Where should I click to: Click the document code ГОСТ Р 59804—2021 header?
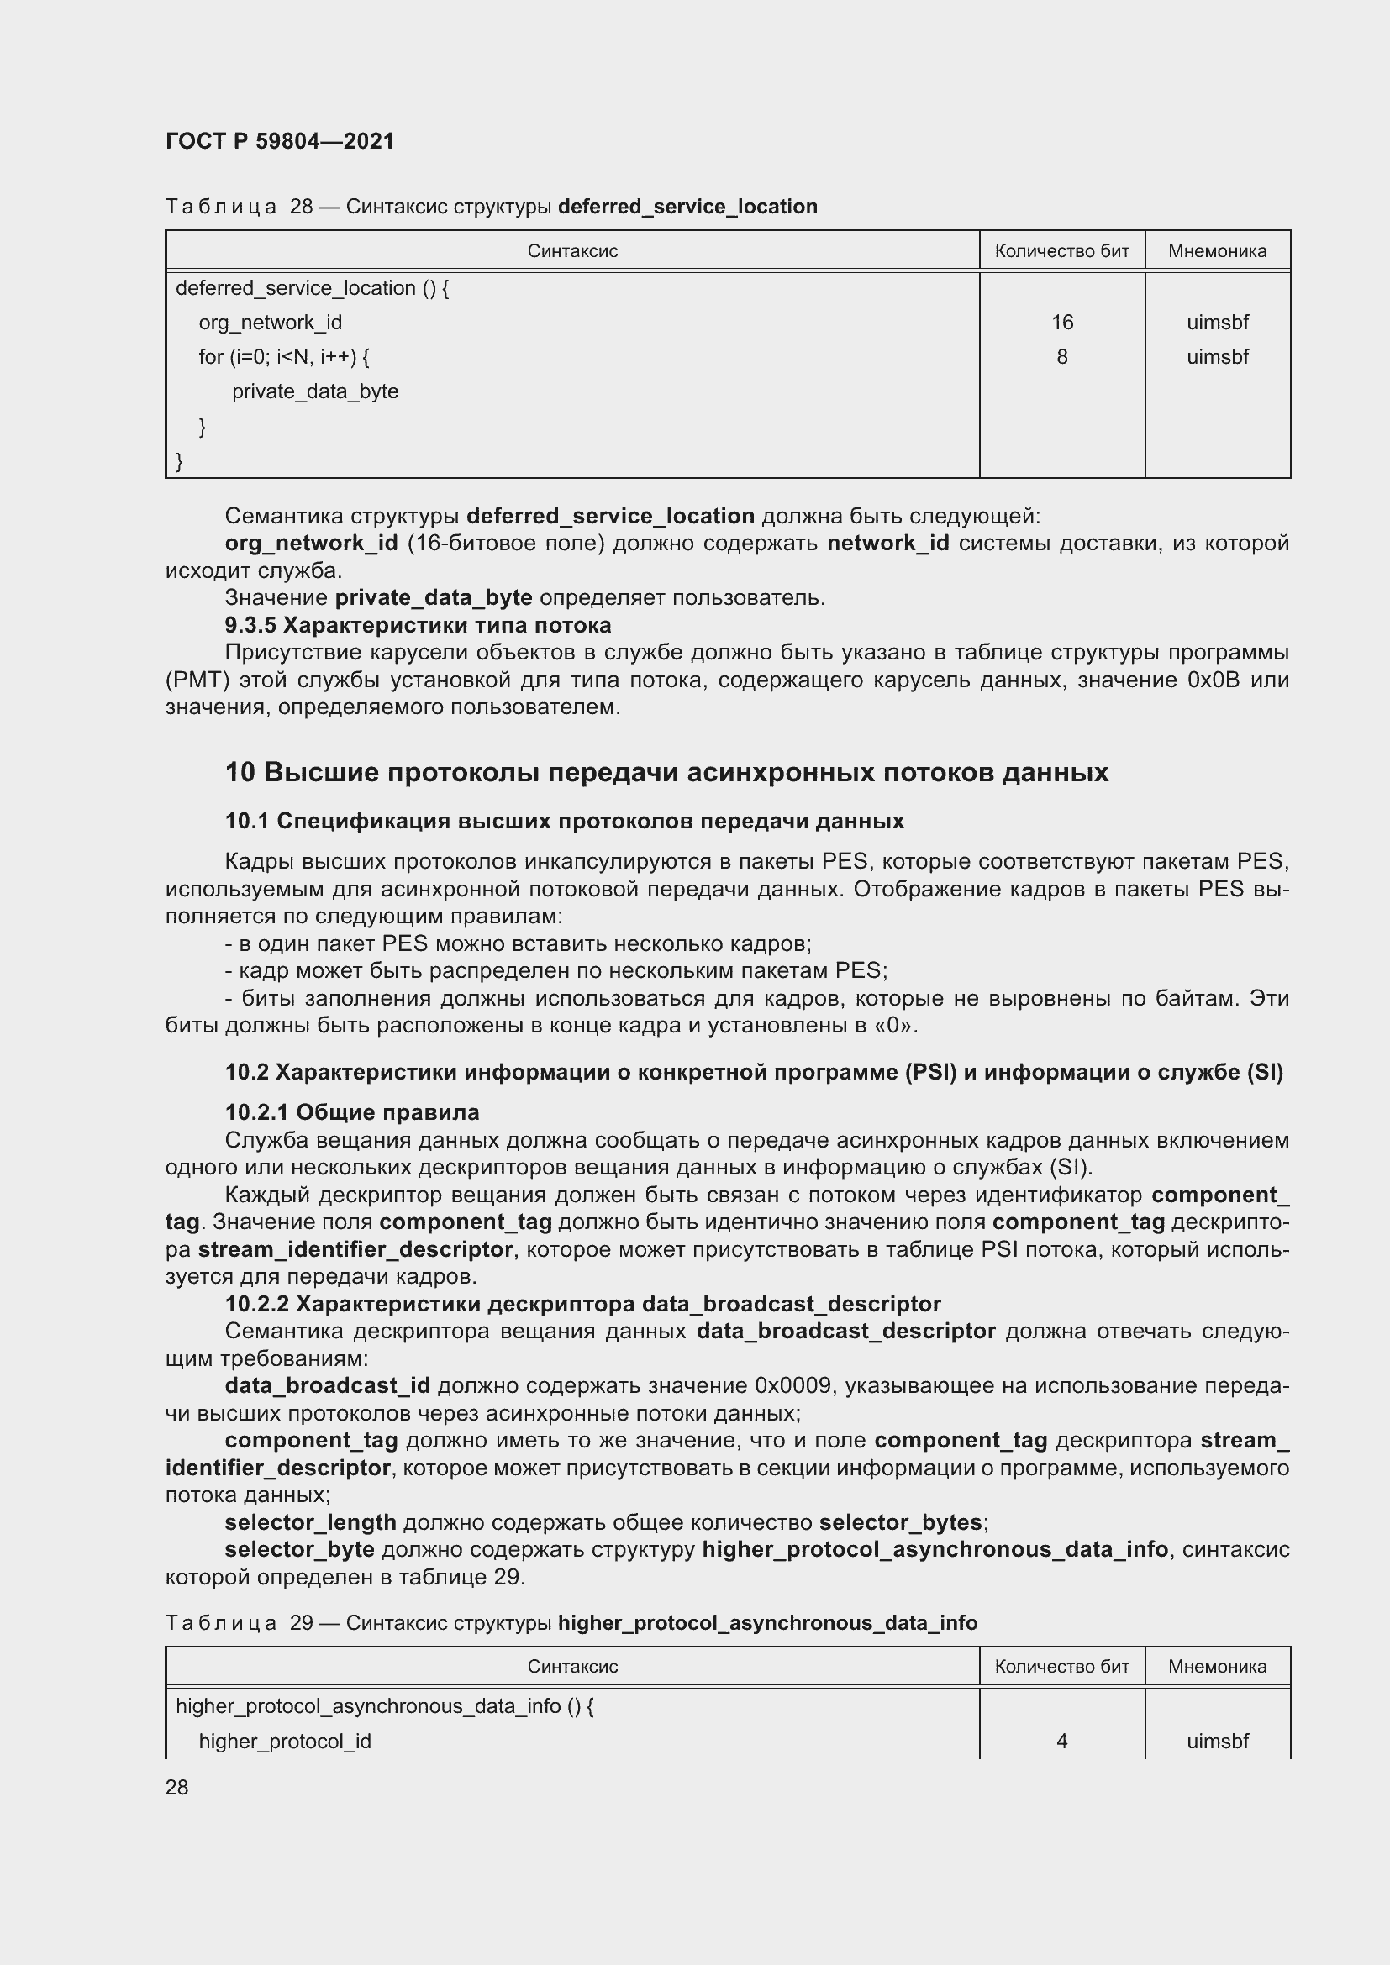coord(280,141)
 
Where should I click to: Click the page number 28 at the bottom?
coord(177,1787)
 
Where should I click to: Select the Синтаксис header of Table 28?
coord(571,250)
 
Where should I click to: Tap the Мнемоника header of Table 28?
coord(1216,250)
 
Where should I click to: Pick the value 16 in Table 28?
coord(1061,323)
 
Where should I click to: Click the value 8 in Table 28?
coord(1061,357)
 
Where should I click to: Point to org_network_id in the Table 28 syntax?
coord(270,323)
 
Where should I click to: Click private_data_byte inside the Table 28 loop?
coord(315,392)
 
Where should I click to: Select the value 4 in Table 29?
coord(1061,1742)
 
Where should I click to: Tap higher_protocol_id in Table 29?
coord(284,1742)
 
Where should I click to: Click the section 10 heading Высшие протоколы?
coord(666,772)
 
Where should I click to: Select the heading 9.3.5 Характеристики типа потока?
coord(418,625)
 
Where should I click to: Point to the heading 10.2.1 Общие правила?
coord(352,1112)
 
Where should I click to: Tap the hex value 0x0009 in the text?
coord(792,1385)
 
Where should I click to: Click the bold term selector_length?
coord(310,1522)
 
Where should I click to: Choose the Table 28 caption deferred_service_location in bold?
coord(687,207)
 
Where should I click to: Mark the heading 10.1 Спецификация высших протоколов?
coord(564,821)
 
